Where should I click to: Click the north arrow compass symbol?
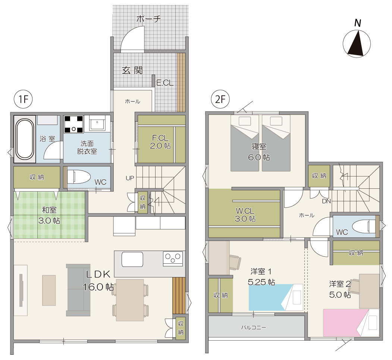click(x=357, y=43)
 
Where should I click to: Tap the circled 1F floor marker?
click(x=23, y=99)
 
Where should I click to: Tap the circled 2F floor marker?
click(x=220, y=99)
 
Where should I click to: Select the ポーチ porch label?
click(x=148, y=19)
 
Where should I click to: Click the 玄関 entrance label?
click(x=132, y=71)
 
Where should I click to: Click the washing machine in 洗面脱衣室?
click(x=73, y=124)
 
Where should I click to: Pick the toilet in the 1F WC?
click(x=78, y=177)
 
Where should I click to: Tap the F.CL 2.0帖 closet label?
click(x=160, y=142)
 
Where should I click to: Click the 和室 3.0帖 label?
click(x=49, y=215)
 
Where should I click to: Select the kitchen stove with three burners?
click(x=173, y=259)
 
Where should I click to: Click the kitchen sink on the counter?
click(x=132, y=259)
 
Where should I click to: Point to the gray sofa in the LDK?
click(x=78, y=290)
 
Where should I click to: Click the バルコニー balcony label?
click(x=254, y=327)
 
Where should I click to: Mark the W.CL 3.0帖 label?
click(x=245, y=215)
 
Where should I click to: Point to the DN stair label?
click(x=326, y=201)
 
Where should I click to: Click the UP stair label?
click(x=130, y=178)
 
